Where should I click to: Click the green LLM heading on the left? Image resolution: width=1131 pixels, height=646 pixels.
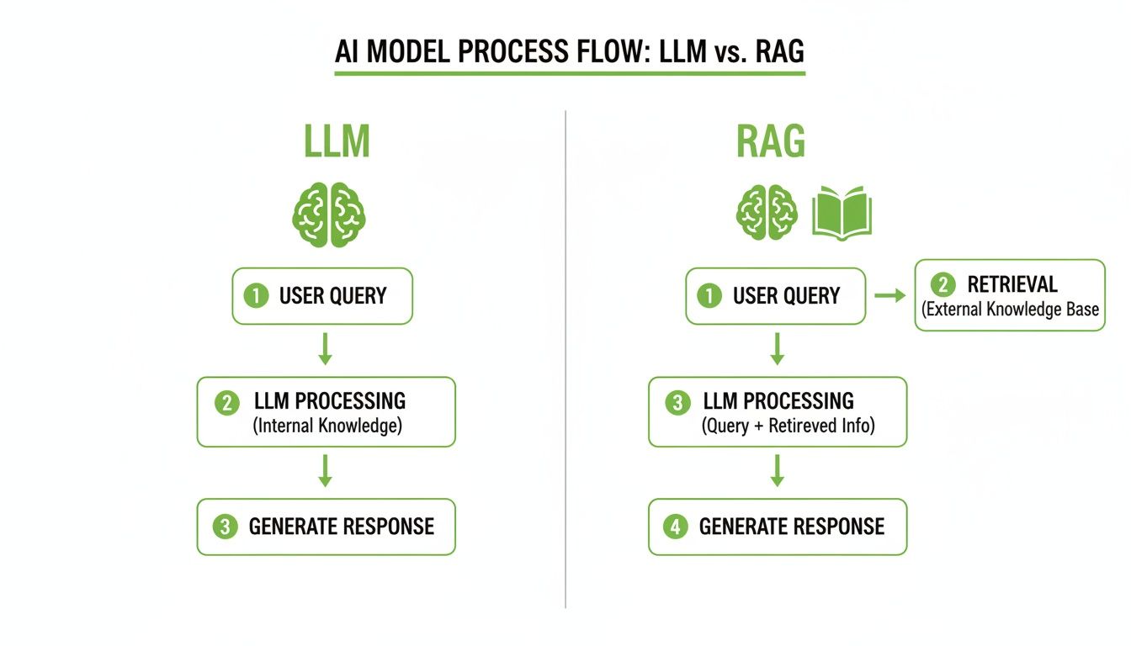337,142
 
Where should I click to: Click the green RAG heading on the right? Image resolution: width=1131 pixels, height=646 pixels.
771,142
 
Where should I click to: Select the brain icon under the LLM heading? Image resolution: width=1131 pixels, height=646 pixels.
328,215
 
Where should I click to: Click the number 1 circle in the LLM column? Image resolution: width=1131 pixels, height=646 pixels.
255,296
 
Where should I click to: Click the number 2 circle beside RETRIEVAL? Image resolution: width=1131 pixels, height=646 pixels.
942,284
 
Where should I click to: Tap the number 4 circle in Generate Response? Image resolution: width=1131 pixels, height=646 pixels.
675,527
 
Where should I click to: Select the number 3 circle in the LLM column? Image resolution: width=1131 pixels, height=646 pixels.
225,527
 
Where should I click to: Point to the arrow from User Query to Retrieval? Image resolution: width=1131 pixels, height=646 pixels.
889,295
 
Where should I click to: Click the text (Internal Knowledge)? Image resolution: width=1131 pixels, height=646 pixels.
327,426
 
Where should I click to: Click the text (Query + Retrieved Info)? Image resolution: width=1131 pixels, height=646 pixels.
788,426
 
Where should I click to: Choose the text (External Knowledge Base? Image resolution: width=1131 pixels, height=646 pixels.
1010,310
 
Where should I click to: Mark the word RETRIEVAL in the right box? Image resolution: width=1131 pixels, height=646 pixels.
1012,284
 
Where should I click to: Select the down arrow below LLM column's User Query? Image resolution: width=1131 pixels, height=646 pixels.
325,348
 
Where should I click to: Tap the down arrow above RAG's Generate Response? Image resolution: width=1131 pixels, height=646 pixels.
778,470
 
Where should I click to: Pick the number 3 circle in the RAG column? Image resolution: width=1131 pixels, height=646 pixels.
677,403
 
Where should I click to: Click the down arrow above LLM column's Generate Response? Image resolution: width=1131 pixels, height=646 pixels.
325,470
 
